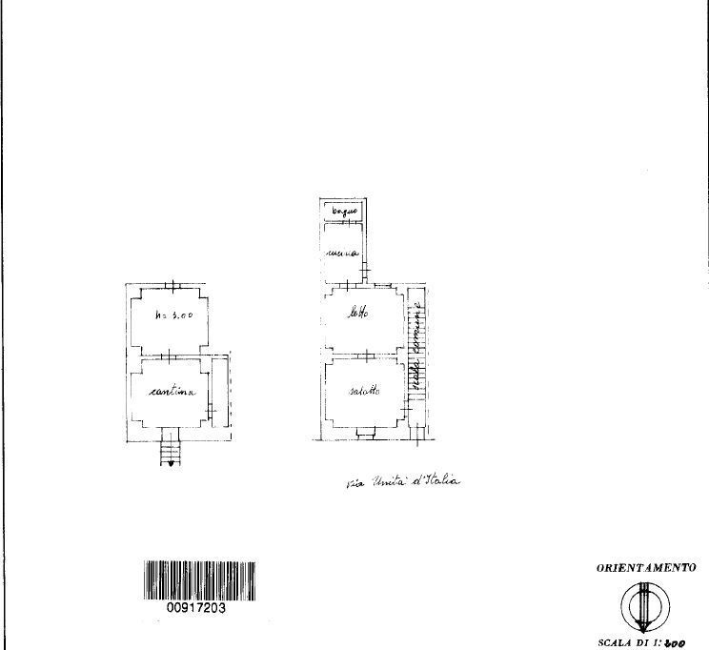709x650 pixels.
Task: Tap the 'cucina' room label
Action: point(341,254)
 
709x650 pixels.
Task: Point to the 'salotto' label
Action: point(364,391)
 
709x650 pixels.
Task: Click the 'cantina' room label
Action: point(172,392)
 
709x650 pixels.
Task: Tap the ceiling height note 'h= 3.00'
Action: point(174,317)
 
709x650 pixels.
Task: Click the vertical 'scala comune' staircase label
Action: point(415,347)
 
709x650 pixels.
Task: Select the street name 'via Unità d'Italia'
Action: point(403,482)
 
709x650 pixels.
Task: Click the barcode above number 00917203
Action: point(200,579)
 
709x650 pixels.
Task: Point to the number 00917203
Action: point(195,608)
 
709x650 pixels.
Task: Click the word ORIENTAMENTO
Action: point(646,568)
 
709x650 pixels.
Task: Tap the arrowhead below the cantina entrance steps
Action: point(172,463)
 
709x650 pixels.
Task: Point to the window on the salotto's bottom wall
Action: point(365,434)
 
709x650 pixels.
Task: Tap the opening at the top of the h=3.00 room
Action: point(172,285)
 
